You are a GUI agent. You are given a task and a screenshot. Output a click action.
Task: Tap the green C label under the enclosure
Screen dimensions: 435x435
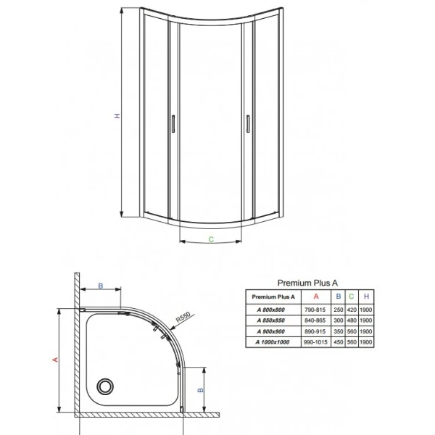coord(211,238)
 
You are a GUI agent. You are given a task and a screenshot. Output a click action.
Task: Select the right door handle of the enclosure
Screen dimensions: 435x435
coord(248,124)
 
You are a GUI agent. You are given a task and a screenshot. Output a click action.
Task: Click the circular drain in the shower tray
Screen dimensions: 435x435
coord(107,385)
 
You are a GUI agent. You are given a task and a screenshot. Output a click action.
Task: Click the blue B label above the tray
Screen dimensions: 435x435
coord(101,285)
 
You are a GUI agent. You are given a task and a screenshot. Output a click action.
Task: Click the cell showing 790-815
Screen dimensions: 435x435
coord(315,310)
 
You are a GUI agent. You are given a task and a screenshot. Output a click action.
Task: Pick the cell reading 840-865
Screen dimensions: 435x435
coord(315,320)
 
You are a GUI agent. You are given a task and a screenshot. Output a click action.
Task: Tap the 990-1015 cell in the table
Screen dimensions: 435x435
coord(315,341)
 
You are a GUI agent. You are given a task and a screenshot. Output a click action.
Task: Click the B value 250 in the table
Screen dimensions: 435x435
coord(339,310)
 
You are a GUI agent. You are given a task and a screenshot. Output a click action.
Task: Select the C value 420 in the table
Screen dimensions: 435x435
coord(352,310)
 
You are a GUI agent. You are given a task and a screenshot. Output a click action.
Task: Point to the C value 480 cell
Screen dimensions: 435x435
coord(352,320)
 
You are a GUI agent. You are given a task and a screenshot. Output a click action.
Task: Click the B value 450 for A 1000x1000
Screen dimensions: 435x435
coord(339,341)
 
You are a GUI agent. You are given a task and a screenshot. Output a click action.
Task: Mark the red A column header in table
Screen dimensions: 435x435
coord(315,297)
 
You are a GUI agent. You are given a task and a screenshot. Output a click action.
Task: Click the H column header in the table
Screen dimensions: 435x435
coord(366,297)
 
